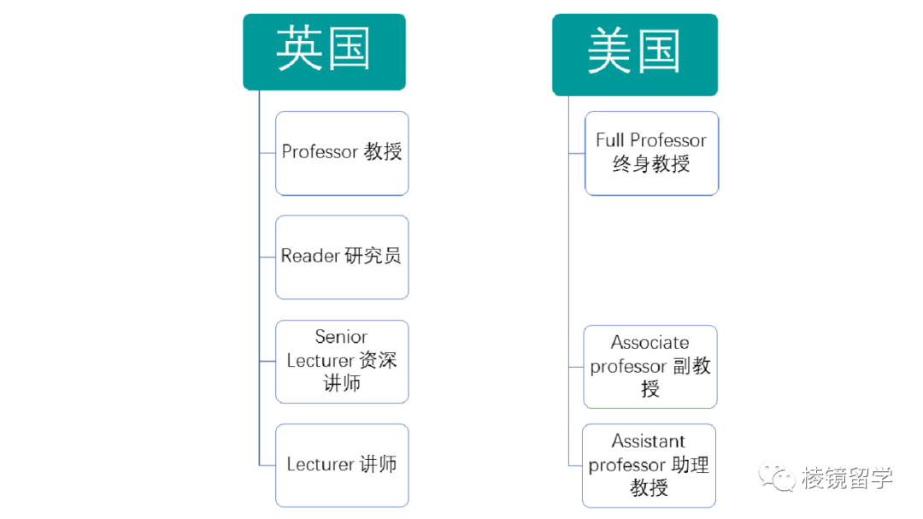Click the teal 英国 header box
point(324,51)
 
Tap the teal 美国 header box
point(634,53)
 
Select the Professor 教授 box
point(342,152)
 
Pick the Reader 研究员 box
point(342,257)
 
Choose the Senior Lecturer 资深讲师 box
point(342,361)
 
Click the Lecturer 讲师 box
point(342,465)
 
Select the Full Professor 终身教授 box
point(651,152)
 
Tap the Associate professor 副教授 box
point(650,366)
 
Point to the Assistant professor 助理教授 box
point(649,465)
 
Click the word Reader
point(310,257)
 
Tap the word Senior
point(341,337)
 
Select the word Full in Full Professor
point(610,140)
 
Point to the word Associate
point(650,343)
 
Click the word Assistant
point(649,442)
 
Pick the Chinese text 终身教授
point(651,164)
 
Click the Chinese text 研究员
point(373,257)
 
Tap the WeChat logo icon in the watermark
point(776,477)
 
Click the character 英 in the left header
point(299,50)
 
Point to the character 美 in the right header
point(609,52)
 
